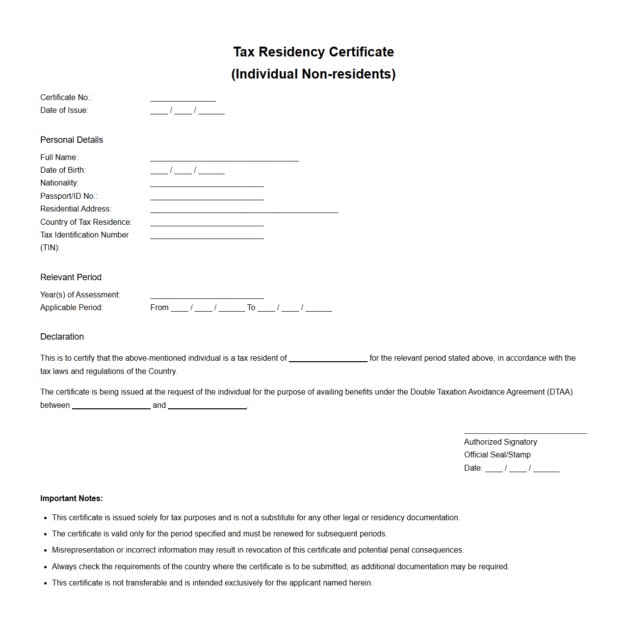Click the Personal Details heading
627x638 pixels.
72,140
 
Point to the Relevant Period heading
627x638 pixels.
71,277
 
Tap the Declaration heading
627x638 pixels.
62,337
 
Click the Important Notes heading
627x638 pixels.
71,499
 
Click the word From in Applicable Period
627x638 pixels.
159,308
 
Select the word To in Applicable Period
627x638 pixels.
251,308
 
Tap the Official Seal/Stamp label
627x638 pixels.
497,455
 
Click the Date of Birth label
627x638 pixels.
63,170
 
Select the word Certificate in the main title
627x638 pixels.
361,52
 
